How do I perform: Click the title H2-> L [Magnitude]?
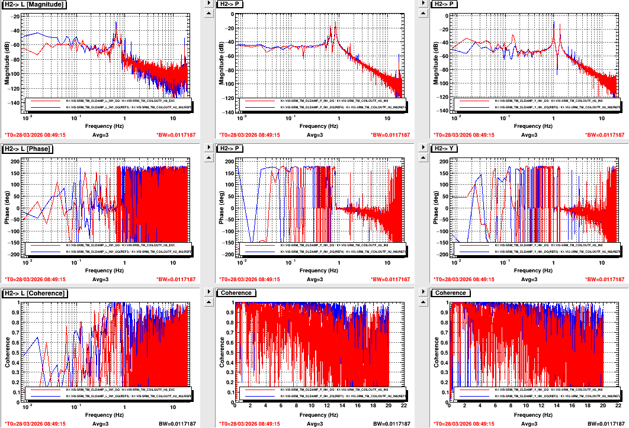[x=34, y=4]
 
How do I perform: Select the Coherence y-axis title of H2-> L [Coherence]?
[x=7, y=349]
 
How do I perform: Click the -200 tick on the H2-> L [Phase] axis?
[x=15, y=255]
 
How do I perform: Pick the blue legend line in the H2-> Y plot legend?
[x=475, y=252]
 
